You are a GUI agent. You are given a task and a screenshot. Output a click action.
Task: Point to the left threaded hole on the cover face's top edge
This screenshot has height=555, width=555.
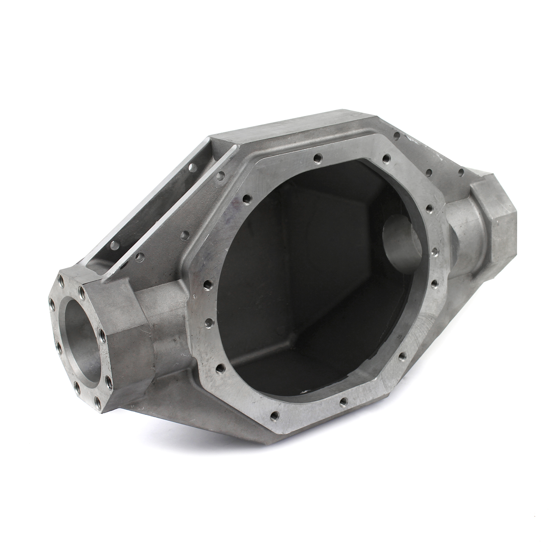pyautogui.click(x=316, y=158)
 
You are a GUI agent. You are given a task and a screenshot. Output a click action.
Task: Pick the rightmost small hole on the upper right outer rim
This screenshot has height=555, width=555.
pyautogui.click(x=461, y=172)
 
